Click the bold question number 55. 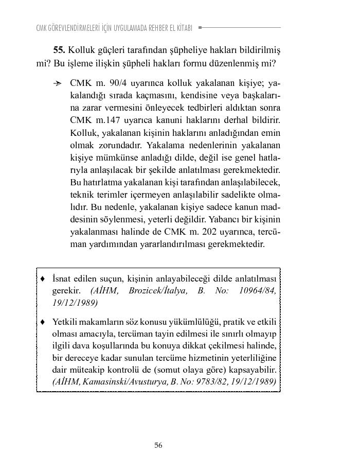tap(59, 50)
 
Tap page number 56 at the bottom tap(158, 445)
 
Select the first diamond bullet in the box tap(43, 278)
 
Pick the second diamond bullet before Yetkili tap(43, 322)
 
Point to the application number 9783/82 tap(215, 381)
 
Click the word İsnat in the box tap(62, 278)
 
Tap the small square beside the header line tap(200, 27)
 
